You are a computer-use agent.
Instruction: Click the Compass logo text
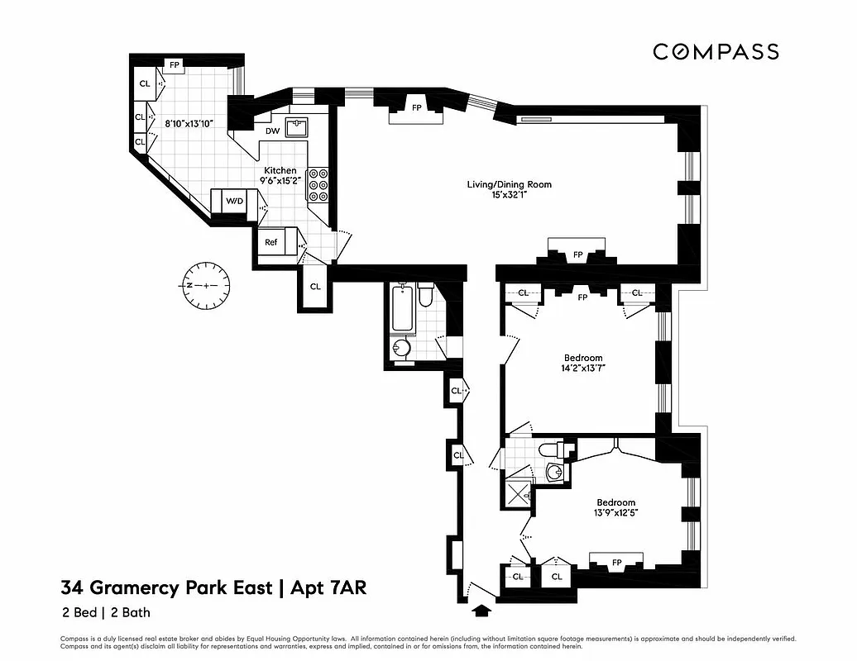click(x=716, y=52)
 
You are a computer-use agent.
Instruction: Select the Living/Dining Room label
click(x=509, y=184)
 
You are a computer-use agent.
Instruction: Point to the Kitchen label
click(x=280, y=170)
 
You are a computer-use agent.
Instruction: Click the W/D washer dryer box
click(x=235, y=201)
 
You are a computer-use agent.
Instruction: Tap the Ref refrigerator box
click(x=271, y=243)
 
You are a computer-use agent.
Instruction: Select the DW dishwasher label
click(x=272, y=131)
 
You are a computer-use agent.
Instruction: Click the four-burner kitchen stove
click(x=318, y=186)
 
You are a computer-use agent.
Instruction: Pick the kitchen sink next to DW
click(x=296, y=127)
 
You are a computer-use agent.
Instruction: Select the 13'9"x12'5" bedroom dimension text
click(x=615, y=513)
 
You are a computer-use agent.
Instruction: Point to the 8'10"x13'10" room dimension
click(x=189, y=123)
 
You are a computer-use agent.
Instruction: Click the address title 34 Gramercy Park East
click(x=165, y=588)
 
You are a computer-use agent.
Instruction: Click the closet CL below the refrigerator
click(x=315, y=287)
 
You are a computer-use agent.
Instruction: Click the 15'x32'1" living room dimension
click(x=509, y=195)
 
